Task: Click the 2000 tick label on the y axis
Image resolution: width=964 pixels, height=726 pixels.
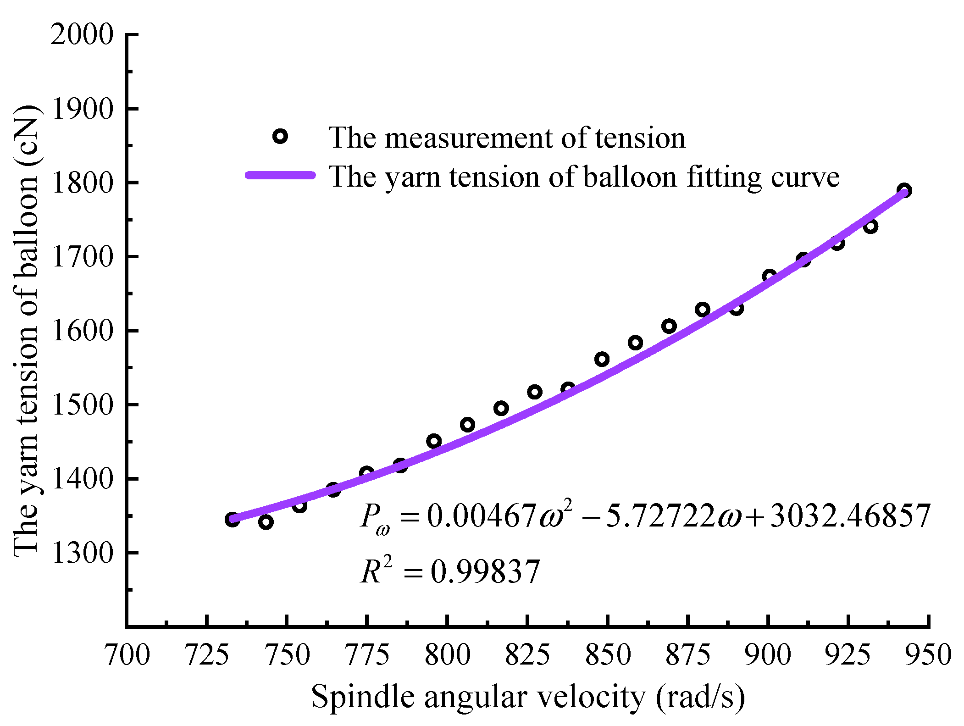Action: pos(82,34)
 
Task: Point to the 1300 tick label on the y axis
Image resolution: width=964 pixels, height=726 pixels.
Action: pos(82,553)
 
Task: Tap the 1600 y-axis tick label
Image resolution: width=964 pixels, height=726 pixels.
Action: pos(82,331)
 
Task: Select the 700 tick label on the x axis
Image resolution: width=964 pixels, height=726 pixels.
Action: pos(127,655)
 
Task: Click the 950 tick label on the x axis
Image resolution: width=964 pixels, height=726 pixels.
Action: pos(929,655)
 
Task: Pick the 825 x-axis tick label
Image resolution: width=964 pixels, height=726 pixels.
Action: pos(527,655)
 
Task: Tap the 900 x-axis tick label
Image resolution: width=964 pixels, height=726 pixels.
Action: pos(768,655)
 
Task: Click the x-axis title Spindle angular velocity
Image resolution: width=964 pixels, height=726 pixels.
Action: pos(527,697)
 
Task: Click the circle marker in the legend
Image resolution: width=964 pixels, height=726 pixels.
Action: pos(280,136)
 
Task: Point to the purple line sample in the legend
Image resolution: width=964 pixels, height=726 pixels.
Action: pos(281,175)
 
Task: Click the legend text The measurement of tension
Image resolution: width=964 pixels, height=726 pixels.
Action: pos(506,138)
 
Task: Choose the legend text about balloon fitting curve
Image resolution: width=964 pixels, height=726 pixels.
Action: pos(584,177)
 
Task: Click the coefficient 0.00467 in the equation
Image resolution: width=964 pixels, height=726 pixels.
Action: pos(482,516)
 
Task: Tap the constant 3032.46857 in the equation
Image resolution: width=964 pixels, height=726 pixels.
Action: pos(850,516)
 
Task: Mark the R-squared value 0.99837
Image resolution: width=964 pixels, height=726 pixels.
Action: pos(485,572)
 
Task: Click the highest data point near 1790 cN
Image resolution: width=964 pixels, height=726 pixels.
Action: pos(904,190)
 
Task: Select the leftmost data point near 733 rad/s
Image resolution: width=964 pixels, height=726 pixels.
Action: pos(232,520)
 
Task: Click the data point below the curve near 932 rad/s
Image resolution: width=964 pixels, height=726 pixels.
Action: pos(870,226)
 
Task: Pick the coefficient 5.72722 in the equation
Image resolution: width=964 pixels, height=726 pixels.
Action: pos(660,516)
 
